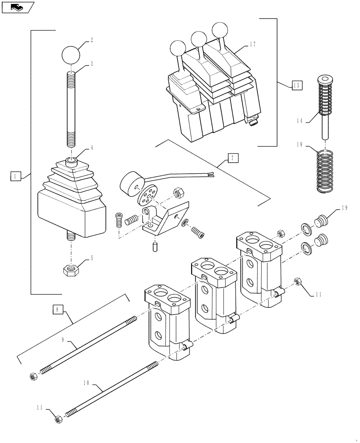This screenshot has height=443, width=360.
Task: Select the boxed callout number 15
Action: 297,85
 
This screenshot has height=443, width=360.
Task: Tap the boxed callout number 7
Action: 233,158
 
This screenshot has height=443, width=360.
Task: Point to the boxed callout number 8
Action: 57,310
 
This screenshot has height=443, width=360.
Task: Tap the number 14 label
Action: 299,120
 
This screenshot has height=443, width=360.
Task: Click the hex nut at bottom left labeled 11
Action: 58,419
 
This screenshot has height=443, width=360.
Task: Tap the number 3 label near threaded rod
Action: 92,63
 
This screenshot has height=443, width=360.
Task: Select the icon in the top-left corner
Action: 17,7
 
